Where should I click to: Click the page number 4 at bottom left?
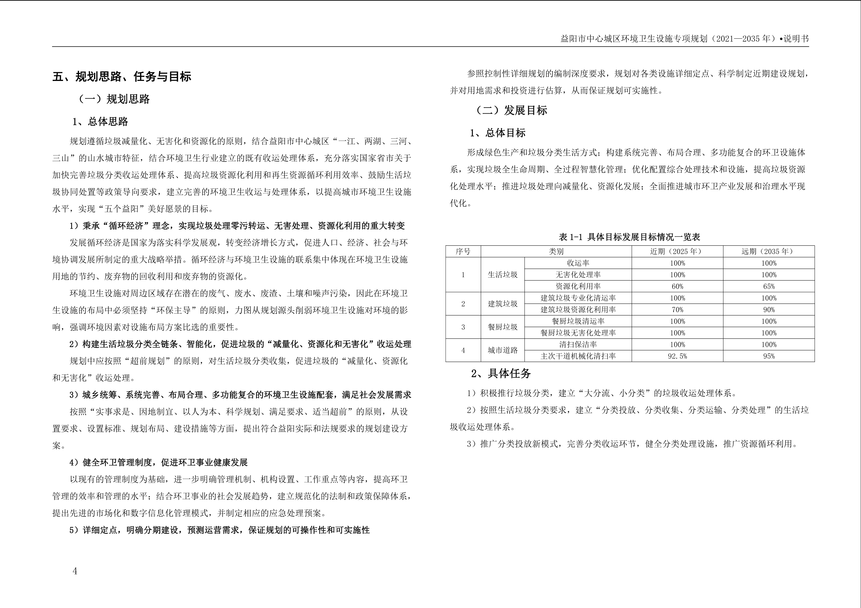[75, 571]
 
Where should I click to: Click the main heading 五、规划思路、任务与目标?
[122, 77]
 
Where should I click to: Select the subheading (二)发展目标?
[511, 110]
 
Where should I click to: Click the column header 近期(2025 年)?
[677, 251]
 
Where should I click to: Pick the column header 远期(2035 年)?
[768, 251]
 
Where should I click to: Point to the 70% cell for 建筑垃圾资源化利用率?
[677, 310]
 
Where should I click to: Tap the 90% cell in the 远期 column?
[769, 310]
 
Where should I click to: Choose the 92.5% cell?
[677, 356]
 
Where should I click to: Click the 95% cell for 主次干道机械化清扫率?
[769, 356]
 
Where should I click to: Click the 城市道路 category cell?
[503, 350]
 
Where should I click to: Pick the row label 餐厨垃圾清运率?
[578, 321]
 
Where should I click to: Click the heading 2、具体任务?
[501, 373]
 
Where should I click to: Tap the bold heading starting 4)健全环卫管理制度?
[159, 463]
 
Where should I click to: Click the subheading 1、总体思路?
[100, 122]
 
